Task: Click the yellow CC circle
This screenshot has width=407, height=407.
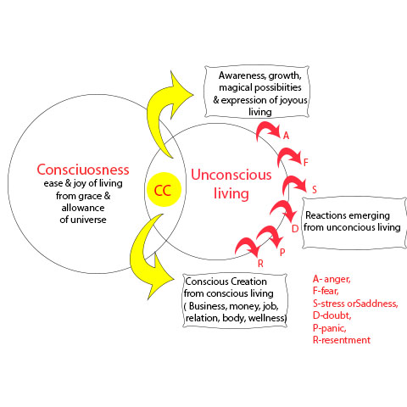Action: (164, 190)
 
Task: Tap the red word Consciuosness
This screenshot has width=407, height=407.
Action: (83, 170)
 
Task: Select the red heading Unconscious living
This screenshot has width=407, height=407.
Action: (231, 184)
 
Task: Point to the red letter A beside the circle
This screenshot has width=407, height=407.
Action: (287, 136)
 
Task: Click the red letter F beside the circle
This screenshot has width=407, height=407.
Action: (305, 163)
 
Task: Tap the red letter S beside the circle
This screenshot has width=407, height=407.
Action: (315, 190)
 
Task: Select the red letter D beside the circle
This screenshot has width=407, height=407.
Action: (295, 229)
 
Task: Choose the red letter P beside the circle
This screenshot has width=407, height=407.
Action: (282, 253)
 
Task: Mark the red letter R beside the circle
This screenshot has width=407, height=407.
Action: (260, 264)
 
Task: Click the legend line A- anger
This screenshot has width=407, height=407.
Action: (332, 279)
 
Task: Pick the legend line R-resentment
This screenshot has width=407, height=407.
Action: (342, 340)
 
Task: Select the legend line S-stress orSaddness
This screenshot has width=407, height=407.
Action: (355, 304)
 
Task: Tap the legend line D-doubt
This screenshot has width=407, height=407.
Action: (332, 315)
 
